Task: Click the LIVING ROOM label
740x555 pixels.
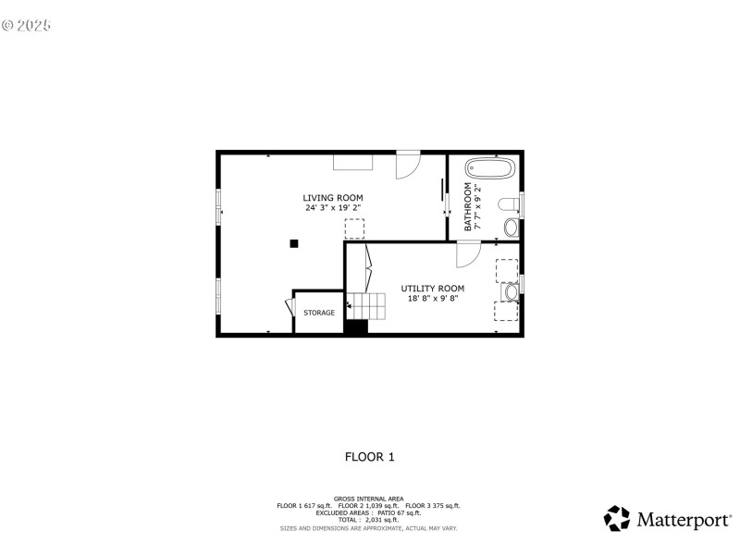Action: [x=333, y=198]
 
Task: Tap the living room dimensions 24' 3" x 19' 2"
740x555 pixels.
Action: [x=333, y=208]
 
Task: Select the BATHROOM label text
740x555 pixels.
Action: [x=468, y=205]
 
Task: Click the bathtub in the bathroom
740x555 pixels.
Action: [x=489, y=169]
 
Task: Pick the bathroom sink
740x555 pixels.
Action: [x=512, y=227]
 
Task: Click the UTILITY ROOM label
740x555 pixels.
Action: [x=432, y=289]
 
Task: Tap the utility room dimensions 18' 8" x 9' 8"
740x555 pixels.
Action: [x=432, y=299]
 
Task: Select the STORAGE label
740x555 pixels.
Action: [x=319, y=314]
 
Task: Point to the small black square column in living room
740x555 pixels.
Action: [x=294, y=243]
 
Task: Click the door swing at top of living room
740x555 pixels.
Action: [x=407, y=165]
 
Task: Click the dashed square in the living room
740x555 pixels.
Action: [x=354, y=228]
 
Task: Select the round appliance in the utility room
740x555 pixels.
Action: [x=510, y=292]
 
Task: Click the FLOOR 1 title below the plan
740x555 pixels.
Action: [x=370, y=456]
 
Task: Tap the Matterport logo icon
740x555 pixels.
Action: [x=617, y=519]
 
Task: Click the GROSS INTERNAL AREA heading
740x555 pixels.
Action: [x=369, y=499]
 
